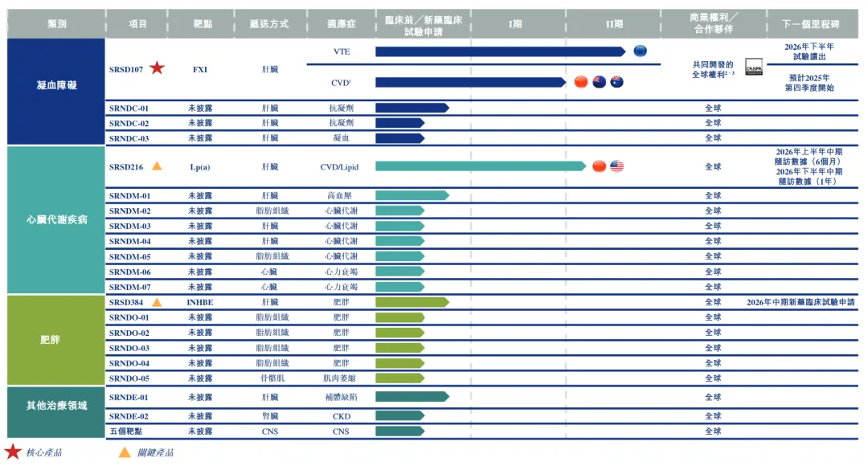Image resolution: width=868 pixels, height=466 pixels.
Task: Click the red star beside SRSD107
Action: point(157,68)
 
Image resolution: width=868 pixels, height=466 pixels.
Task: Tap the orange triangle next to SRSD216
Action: point(157,166)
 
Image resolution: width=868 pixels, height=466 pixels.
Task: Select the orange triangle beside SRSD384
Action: point(157,302)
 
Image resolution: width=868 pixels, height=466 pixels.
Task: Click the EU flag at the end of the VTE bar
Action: point(640,51)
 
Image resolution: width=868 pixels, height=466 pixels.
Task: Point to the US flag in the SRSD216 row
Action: point(616,166)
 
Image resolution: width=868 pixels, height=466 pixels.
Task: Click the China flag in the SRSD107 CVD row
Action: point(581,82)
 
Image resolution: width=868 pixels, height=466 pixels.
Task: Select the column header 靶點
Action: point(199,24)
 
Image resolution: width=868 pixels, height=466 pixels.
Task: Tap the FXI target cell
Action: point(199,69)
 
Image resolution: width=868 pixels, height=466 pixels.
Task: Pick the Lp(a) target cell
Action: point(199,167)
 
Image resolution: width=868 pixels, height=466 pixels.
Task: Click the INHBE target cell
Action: point(199,302)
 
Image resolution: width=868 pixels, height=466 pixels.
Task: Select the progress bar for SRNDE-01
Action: point(411,397)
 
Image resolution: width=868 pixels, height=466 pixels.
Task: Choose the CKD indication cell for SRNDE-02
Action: point(341,416)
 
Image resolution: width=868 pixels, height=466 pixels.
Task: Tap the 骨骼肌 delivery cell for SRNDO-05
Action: point(269,378)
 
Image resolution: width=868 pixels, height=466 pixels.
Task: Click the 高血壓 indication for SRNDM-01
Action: point(341,196)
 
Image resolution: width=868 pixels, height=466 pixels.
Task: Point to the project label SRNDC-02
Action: point(129,123)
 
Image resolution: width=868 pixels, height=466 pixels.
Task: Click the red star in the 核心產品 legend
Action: point(13,452)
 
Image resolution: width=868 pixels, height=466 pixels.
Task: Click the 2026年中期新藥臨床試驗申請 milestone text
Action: point(800,302)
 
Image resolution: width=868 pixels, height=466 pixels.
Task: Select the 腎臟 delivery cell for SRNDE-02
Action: point(269,416)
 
